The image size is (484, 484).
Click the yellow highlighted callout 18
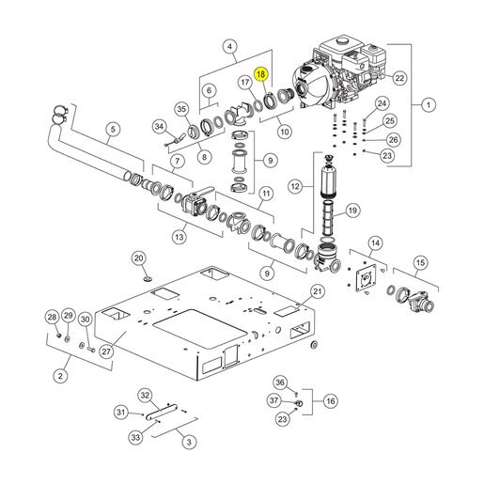(x=261, y=74)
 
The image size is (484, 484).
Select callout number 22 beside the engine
(x=399, y=78)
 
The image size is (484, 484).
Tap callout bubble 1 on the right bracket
(x=429, y=104)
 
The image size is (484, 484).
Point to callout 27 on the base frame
(x=106, y=351)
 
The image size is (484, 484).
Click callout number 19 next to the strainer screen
(x=352, y=211)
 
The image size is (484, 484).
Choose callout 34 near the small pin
(x=160, y=127)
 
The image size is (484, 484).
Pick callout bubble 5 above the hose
(x=113, y=129)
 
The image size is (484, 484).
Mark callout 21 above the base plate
(x=318, y=291)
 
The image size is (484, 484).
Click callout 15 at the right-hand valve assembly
(x=420, y=262)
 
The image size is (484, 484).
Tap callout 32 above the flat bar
(x=145, y=396)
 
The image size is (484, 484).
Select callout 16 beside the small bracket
(x=331, y=401)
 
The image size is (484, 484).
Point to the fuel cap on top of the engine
(x=342, y=40)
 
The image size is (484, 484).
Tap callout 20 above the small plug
(x=138, y=258)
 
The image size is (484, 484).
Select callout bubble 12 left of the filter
(x=295, y=186)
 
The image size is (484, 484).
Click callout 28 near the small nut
(x=52, y=317)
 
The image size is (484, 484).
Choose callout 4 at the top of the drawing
(x=230, y=47)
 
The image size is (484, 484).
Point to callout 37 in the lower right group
(x=273, y=400)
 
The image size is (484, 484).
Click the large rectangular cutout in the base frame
(x=200, y=327)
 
